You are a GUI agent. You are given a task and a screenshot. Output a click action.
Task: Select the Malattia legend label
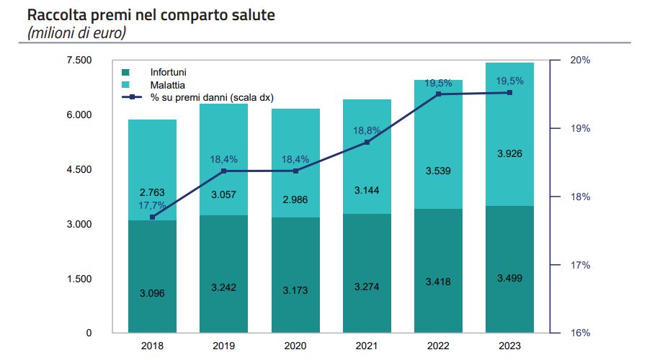(167, 85)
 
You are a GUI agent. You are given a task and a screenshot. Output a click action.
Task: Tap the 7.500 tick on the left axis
(79, 60)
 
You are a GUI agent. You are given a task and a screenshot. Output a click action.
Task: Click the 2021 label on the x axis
(367, 346)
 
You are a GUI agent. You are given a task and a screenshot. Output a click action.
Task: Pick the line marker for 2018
(152, 217)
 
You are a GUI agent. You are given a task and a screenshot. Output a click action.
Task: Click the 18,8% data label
(367, 130)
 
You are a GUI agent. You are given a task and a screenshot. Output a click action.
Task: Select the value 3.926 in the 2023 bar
(509, 153)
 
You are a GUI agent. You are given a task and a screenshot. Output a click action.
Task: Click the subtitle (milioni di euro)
(76, 32)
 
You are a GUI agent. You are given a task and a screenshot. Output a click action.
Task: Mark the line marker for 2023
(509, 93)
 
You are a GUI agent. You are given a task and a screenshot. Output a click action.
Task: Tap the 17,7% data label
(152, 205)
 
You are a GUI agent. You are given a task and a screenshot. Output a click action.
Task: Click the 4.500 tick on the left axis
(79, 170)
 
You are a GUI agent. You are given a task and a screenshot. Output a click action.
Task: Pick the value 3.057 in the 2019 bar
(224, 194)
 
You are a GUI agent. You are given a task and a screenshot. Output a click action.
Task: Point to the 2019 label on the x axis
(224, 346)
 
